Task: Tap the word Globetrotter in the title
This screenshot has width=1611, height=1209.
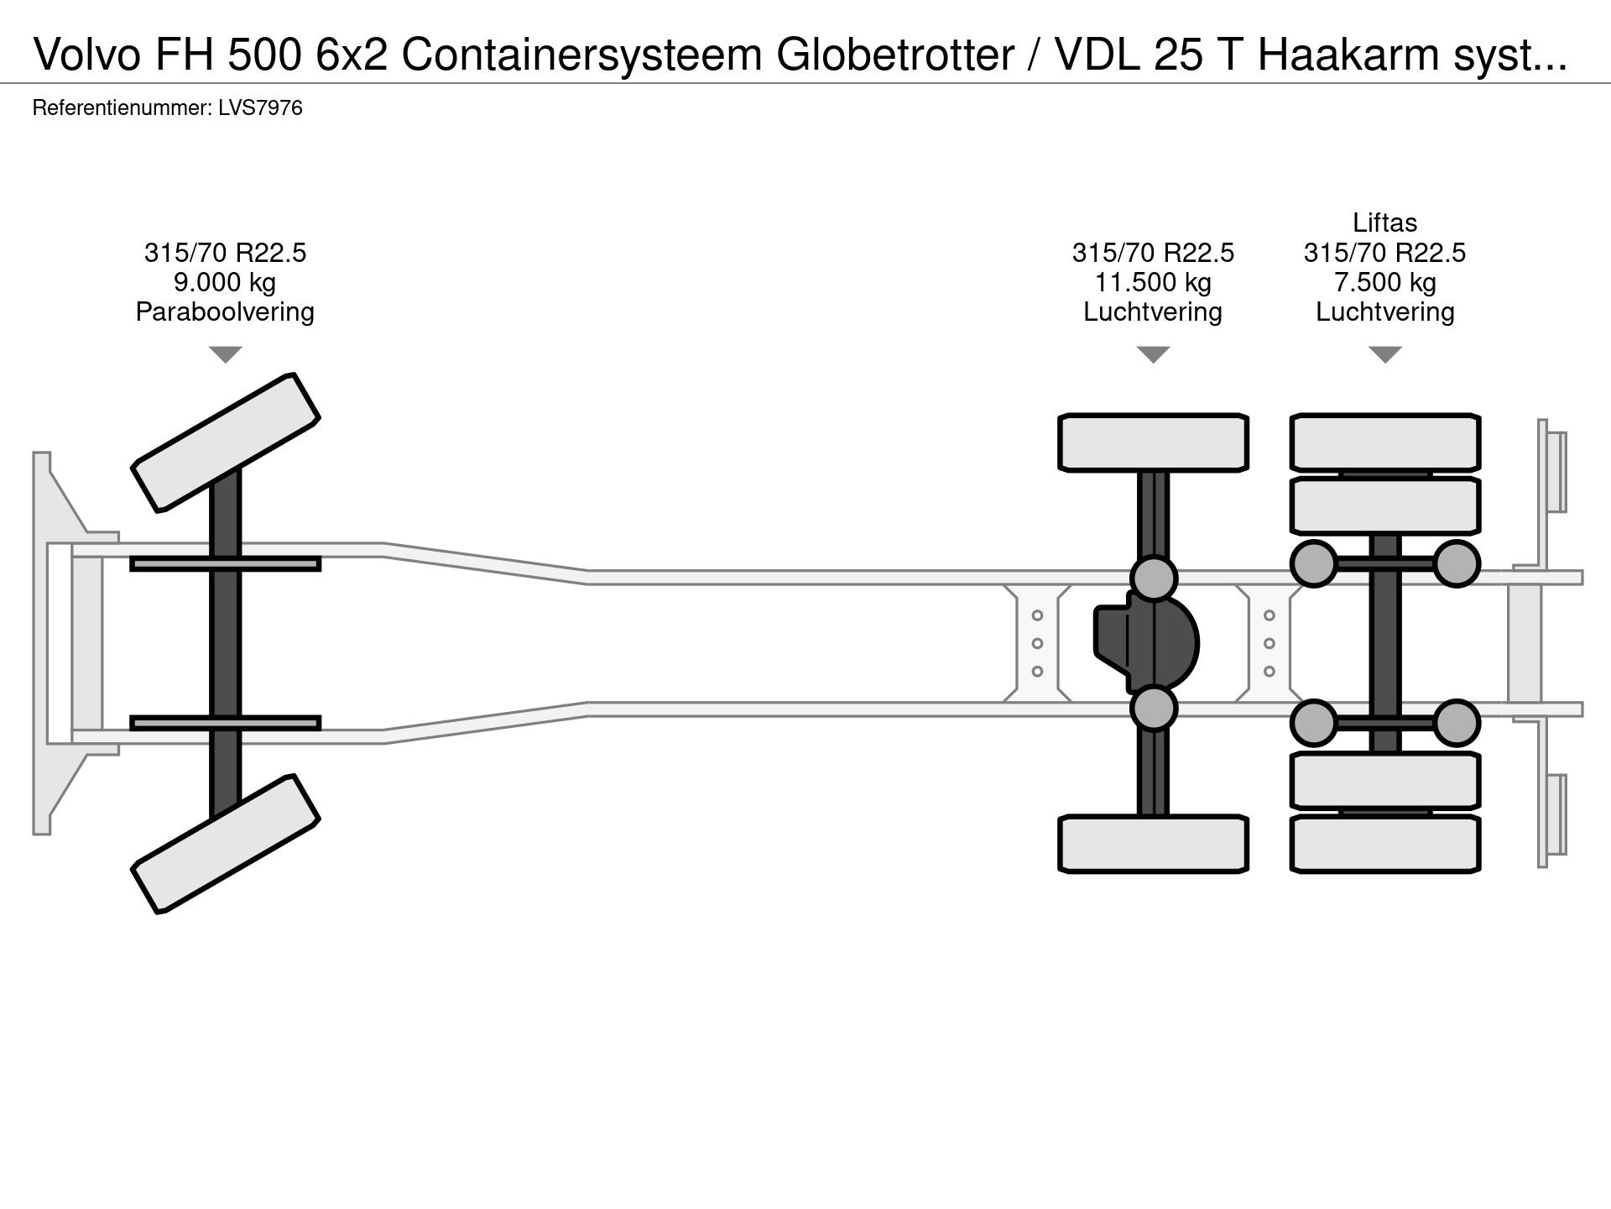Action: (x=895, y=55)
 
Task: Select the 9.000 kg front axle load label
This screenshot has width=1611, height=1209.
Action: (x=225, y=282)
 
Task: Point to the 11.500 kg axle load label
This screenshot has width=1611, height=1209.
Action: (x=1153, y=282)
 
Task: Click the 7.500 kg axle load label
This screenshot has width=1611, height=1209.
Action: (x=1384, y=282)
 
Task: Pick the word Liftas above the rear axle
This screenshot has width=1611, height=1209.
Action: (x=1384, y=222)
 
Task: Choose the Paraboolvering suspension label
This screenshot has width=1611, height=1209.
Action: (x=225, y=311)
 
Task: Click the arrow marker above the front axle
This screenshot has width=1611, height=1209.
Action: (x=225, y=354)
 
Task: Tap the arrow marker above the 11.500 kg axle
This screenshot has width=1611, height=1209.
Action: (x=1153, y=354)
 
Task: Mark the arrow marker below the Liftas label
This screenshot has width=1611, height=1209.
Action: (x=1384, y=354)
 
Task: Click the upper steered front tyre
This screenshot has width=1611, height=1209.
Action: (x=226, y=442)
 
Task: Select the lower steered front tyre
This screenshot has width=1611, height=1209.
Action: (x=226, y=844)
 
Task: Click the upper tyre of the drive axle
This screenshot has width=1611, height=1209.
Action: (x=1153, y=442)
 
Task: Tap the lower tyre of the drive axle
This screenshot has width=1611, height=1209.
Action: (x=1153, y=844)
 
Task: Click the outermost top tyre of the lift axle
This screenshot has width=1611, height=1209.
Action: (x=1384, y=442)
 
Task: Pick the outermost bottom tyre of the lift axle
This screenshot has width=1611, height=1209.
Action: (x=1384, y=844)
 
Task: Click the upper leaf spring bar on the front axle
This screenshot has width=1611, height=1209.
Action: (x=225, y=564)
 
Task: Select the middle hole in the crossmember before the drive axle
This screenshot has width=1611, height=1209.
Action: (x=1037, y=644)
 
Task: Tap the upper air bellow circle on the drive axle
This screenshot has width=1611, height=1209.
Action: (x=1154, y=578)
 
